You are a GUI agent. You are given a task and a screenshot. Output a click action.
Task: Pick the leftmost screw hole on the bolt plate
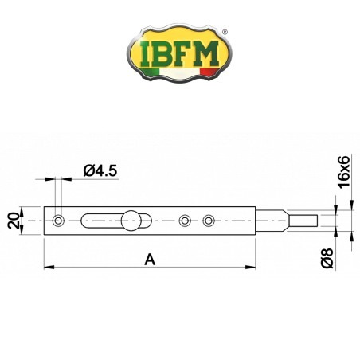pos(58,220)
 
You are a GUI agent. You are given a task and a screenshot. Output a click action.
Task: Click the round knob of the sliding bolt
pos(130,219)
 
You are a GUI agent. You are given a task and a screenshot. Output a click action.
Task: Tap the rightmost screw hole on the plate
pos(209,220)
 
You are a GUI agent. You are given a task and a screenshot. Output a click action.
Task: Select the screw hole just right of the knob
pos(185,220)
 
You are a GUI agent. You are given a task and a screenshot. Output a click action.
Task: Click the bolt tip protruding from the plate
pos(303,220)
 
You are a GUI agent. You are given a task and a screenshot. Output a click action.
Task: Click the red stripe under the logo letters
pos(209,72)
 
